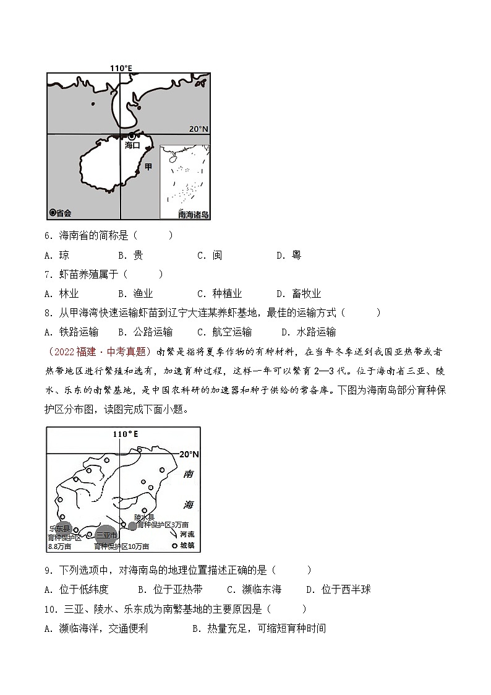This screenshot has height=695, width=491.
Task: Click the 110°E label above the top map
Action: tap(121, 67)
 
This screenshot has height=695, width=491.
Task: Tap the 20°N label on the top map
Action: tap(199, 129)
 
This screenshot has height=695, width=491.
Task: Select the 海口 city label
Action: tap(132, 145)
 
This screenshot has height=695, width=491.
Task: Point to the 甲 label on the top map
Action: tap(148, 167)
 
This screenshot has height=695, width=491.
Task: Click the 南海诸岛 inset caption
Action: tap(194, 215)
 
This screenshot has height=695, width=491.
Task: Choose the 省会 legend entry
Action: tap(61, 213)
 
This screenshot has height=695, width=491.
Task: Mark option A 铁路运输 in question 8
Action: tap(72, 332)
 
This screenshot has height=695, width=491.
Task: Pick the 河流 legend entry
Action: tap(186, 533)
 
